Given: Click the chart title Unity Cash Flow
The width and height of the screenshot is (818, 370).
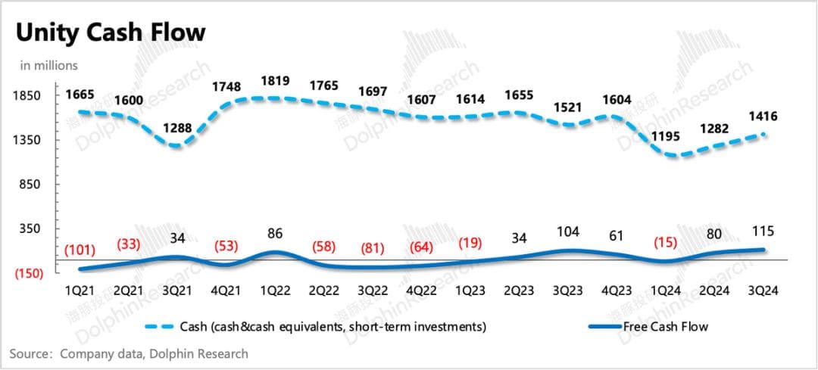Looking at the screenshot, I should tap(111, 33).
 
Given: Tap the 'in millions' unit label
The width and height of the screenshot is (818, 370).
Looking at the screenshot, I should tap(49, 66).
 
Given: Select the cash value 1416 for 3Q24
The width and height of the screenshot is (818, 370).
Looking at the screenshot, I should tap(763, 117).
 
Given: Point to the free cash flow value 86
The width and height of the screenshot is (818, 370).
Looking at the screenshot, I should tap(274, 234).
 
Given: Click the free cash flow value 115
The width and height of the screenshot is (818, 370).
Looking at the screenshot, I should tap(763, 232).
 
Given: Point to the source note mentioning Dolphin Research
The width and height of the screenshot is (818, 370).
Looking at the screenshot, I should tap(129, 353).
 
